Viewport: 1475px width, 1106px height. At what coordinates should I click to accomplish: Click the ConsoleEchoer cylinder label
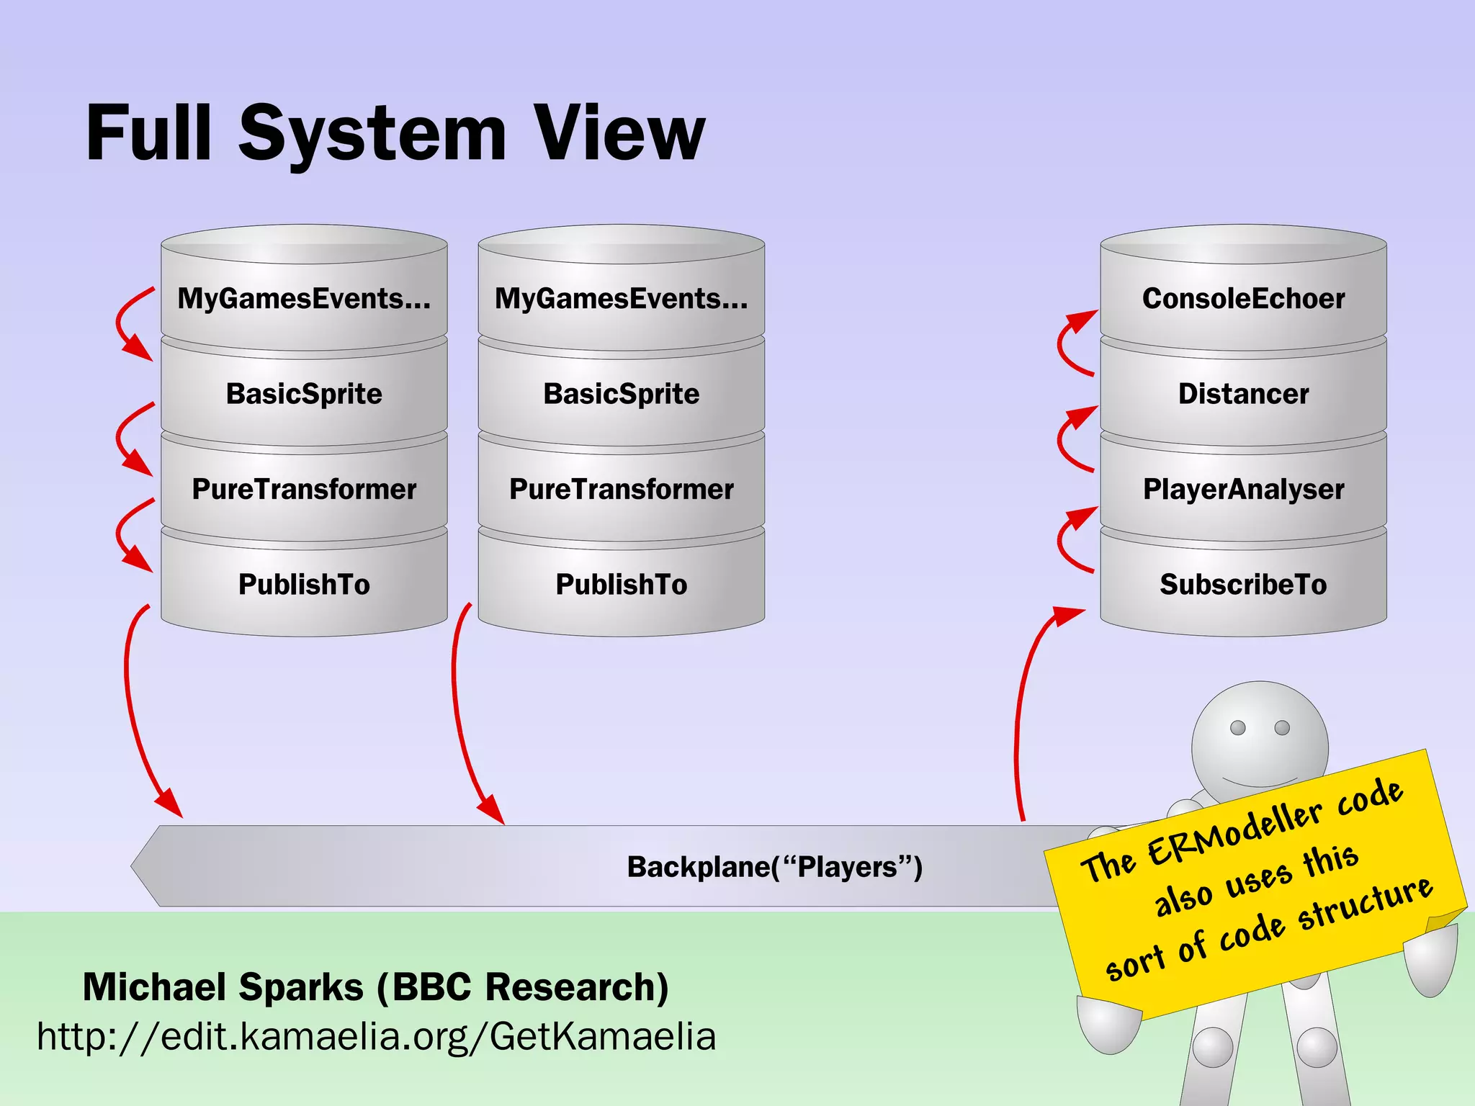click(1243, 299)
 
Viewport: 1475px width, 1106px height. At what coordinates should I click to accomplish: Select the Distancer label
click(1243, 394)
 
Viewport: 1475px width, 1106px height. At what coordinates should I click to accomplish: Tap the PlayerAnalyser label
click(1243, 490)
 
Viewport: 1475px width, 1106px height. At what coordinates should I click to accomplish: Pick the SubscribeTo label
click(1243, 584)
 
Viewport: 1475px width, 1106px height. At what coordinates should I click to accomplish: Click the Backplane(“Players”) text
click(774, 867)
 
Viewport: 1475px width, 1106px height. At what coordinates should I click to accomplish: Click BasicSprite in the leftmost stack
click(304, 394)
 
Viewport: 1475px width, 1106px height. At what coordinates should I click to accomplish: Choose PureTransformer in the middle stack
click(621, 490)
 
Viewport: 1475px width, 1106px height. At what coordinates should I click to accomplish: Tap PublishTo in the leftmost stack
click(304, 584)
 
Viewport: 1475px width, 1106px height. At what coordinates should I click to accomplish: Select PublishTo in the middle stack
click(621, 584)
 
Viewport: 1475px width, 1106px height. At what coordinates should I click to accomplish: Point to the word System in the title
click(372, 135)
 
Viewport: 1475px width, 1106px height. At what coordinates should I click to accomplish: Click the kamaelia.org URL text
click(376, 1037)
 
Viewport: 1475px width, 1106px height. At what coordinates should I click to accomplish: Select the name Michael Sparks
click(223, 986)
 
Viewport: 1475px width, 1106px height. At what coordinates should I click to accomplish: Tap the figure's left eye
click(1238, 727)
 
